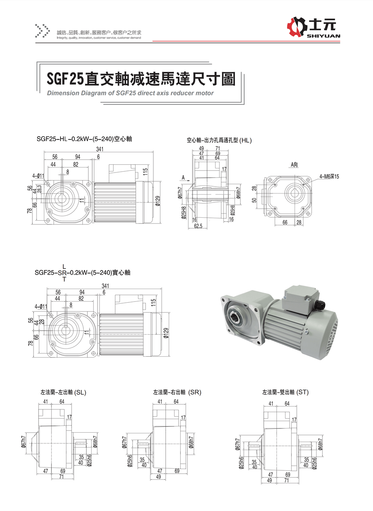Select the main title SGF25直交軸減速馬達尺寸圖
tap(140, 78)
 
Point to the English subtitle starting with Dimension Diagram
tap(130, 93)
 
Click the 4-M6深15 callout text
tap(329, 176)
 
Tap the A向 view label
tap(294, 165)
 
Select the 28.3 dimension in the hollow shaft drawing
tap(39, 188)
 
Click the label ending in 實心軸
tap(82, 273)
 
